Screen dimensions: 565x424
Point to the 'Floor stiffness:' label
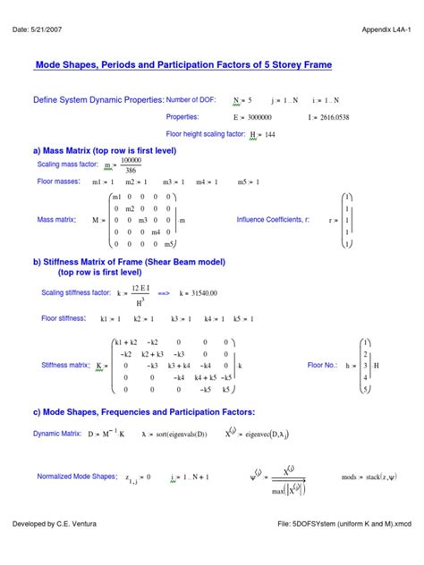click(x=64, y=317)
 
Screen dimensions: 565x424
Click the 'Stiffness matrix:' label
click(x=66, y=365)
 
